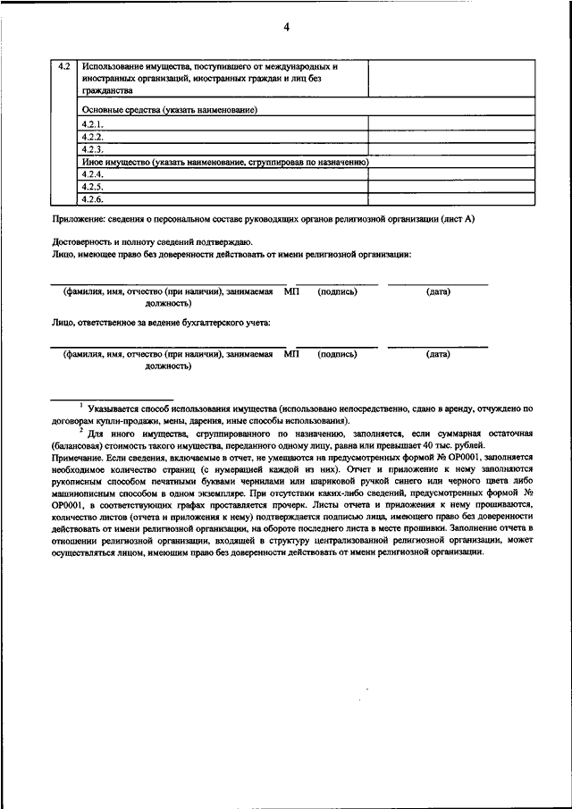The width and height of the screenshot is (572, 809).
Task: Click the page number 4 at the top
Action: tap(287, 27)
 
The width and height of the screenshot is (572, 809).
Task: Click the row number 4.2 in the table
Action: tap(64, 67)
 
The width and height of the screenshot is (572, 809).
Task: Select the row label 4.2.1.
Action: tap(93, 125)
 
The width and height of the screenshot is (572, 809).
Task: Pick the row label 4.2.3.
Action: tap(93, 150)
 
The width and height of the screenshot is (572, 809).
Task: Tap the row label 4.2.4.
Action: tap(93, 175)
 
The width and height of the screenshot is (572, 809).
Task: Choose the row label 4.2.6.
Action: tap(93, 199)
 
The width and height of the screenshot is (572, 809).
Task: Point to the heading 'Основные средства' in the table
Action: tap(116, 109)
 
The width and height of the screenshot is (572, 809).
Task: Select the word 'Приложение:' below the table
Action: tap(78, 219)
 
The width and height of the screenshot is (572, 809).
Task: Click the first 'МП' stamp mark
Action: tap(291, 291)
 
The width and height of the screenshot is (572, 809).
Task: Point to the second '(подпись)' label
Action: tap(337, 354)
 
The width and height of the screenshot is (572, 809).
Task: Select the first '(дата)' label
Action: tap(438, 291)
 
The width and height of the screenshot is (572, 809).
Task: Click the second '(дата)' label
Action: tap(438, 354)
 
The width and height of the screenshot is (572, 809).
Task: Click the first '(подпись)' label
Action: tap(337, 291)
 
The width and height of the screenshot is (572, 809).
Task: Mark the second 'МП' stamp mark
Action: tap(291, 354)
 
